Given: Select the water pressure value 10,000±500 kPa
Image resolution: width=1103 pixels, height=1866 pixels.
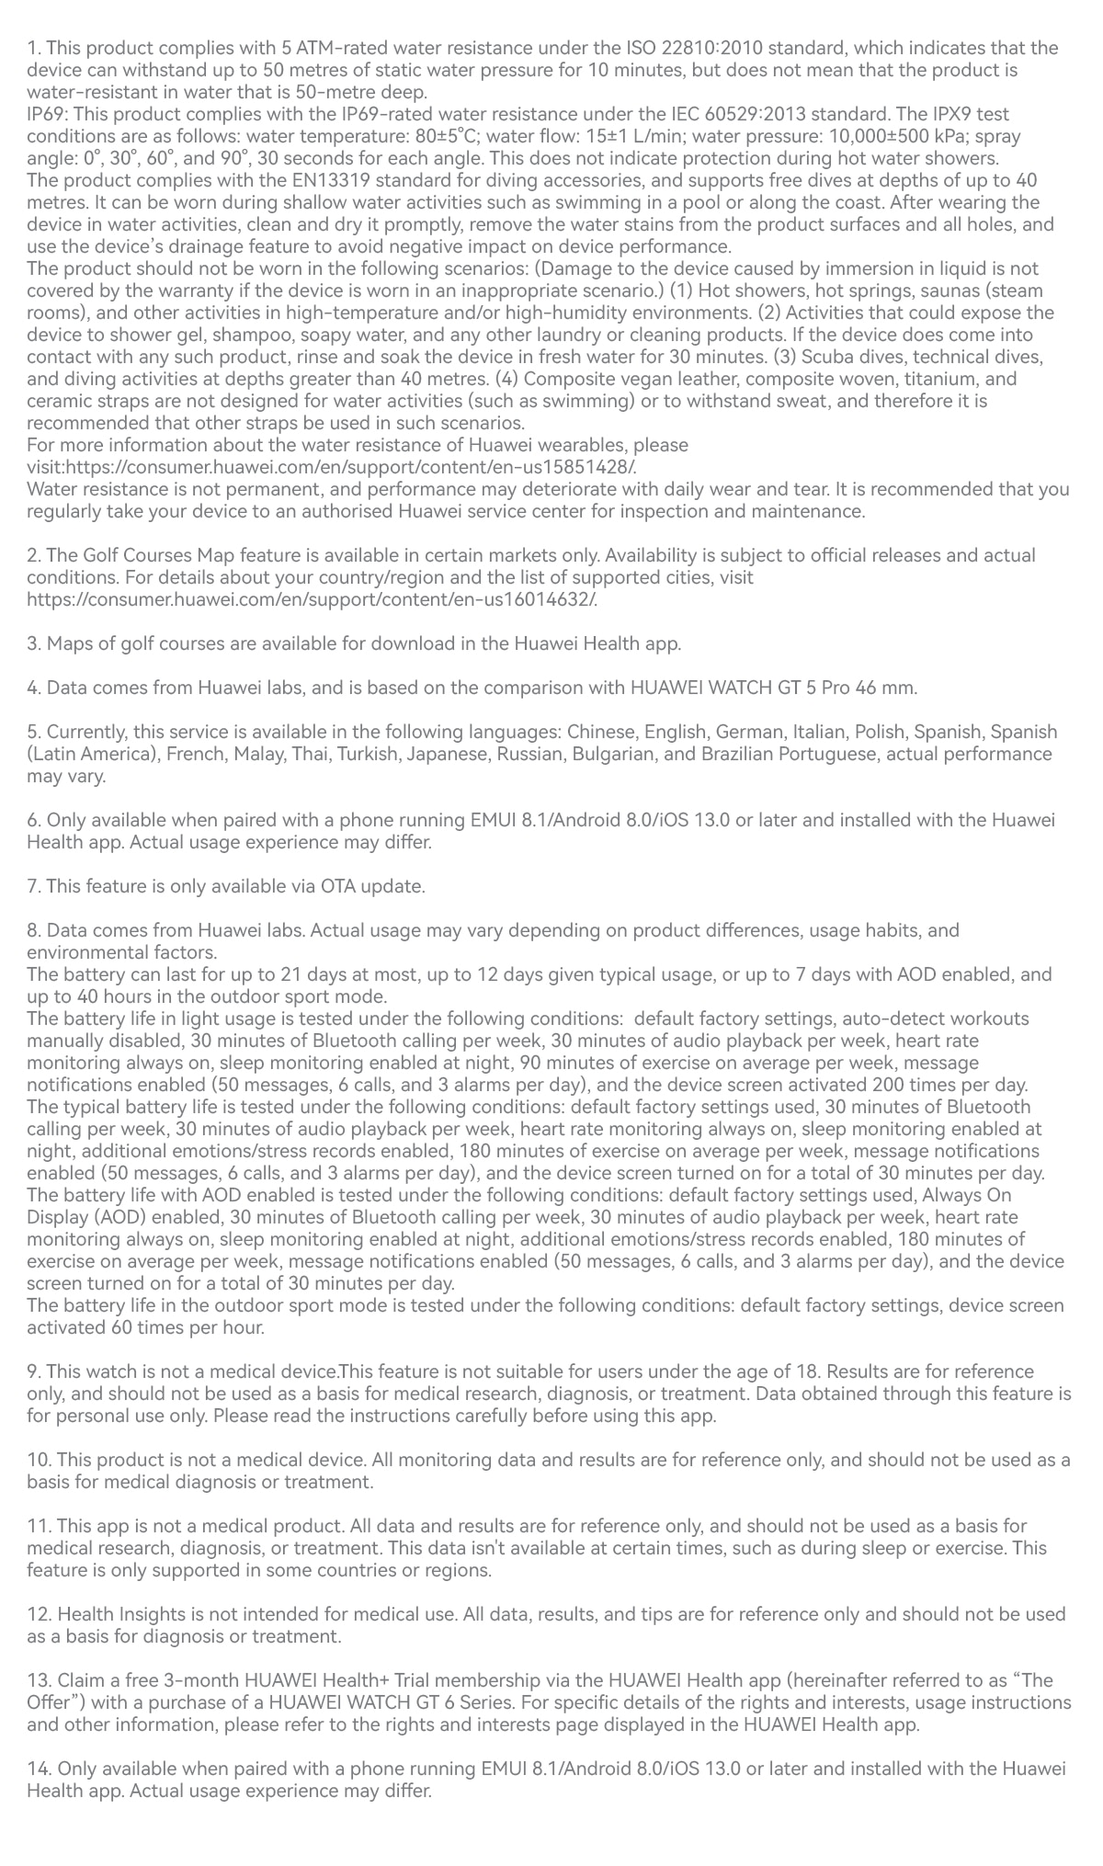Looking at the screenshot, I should (x=893, y=136).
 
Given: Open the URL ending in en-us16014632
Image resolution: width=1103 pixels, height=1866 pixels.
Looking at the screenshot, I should (x=317, y=599).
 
